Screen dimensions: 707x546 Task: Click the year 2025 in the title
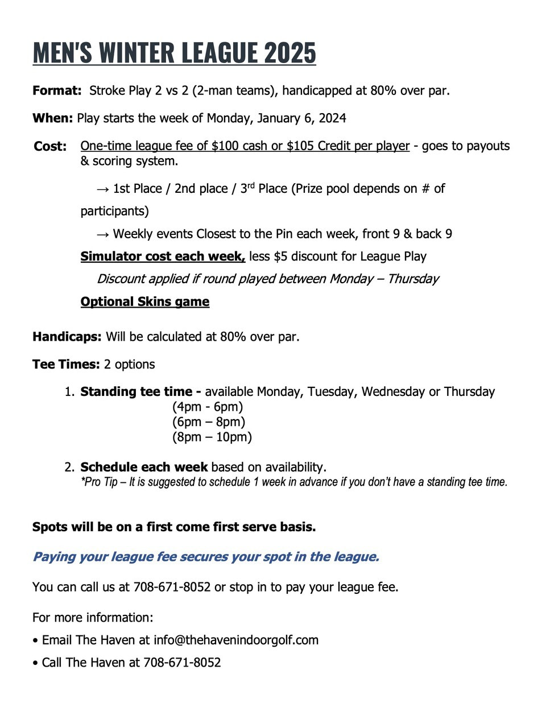pyautogui.click(x=289, y=53)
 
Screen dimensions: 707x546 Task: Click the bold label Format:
pyautogui.click(x=57, y=91)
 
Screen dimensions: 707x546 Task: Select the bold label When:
pyautogui.click(x=52, y=118)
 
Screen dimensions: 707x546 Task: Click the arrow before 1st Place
pyautogui.click(x=102, y=189)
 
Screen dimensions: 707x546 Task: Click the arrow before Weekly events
pyautogui.click(x=102, y=234)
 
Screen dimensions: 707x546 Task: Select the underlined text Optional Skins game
pyautogui.click(x=144, y=302)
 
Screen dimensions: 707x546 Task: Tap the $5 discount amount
pyautogui.click(x=280, y=257)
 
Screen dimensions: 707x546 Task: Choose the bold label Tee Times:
pyautogui.click(x=66, y=365)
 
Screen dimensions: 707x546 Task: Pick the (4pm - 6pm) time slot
pyautogui.click(x=208, y=407)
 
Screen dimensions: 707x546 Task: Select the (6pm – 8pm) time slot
pyautogui.click(x=209, y=422)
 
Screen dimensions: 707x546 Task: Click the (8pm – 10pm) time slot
pyautogui.click(x=212, y=437)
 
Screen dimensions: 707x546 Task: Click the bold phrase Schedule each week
pyautogui.click(x=144, y=468)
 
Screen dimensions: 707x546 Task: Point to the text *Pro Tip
pyautogui.click(x=99, y=482)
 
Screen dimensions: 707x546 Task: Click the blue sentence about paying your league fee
pyautogui.click(x=206, y=557)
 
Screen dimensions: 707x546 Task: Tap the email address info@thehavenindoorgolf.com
pyautogui.click(x=236, y=640)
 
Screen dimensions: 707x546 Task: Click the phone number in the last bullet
pyautogui.click(x=182, y=663)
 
